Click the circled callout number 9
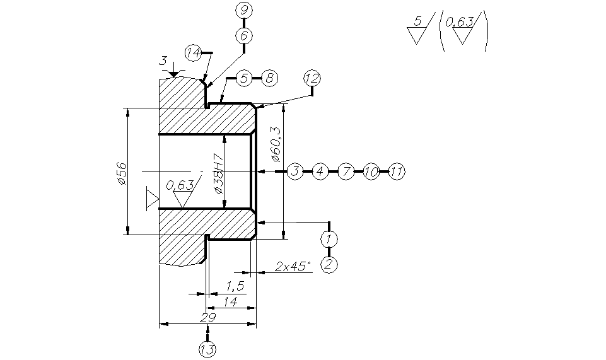243,10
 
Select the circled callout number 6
243,36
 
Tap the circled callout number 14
194,52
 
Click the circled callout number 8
269,78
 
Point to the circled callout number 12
312,78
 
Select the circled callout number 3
295,171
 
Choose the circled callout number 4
320,171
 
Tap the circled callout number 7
346,171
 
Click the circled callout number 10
371,171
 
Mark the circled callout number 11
396,171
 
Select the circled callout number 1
329,239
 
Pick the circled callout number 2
329,264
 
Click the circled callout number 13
207,349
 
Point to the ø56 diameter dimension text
122,173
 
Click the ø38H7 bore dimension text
218,173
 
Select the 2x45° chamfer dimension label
293,267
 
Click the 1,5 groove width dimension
235,286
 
